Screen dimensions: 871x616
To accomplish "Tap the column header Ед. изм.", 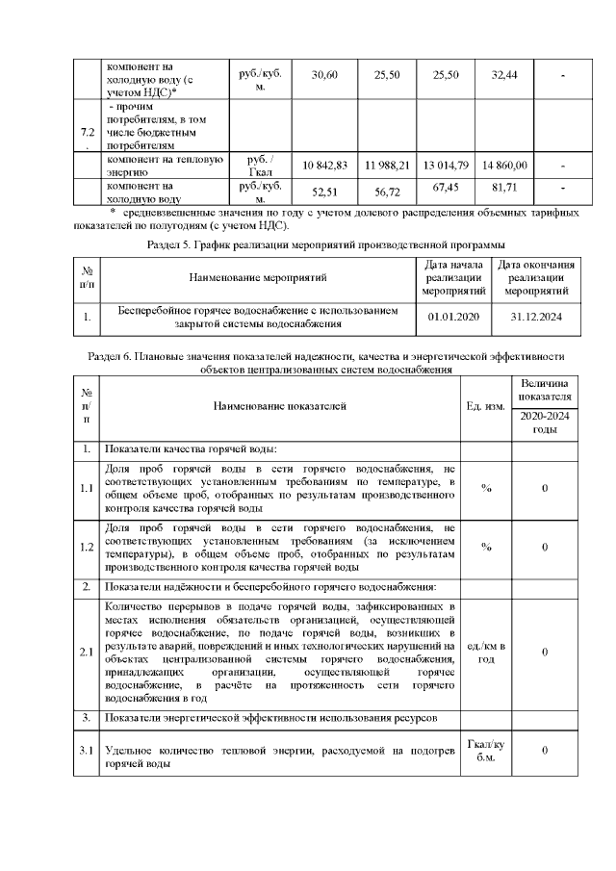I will pyautogui.click(x=486, y=407).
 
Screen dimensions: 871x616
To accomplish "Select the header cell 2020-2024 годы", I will pyautogui.click(x=545, y=423).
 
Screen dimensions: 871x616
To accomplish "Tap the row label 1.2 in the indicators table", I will pyautogui.click(x=87, y=547).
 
